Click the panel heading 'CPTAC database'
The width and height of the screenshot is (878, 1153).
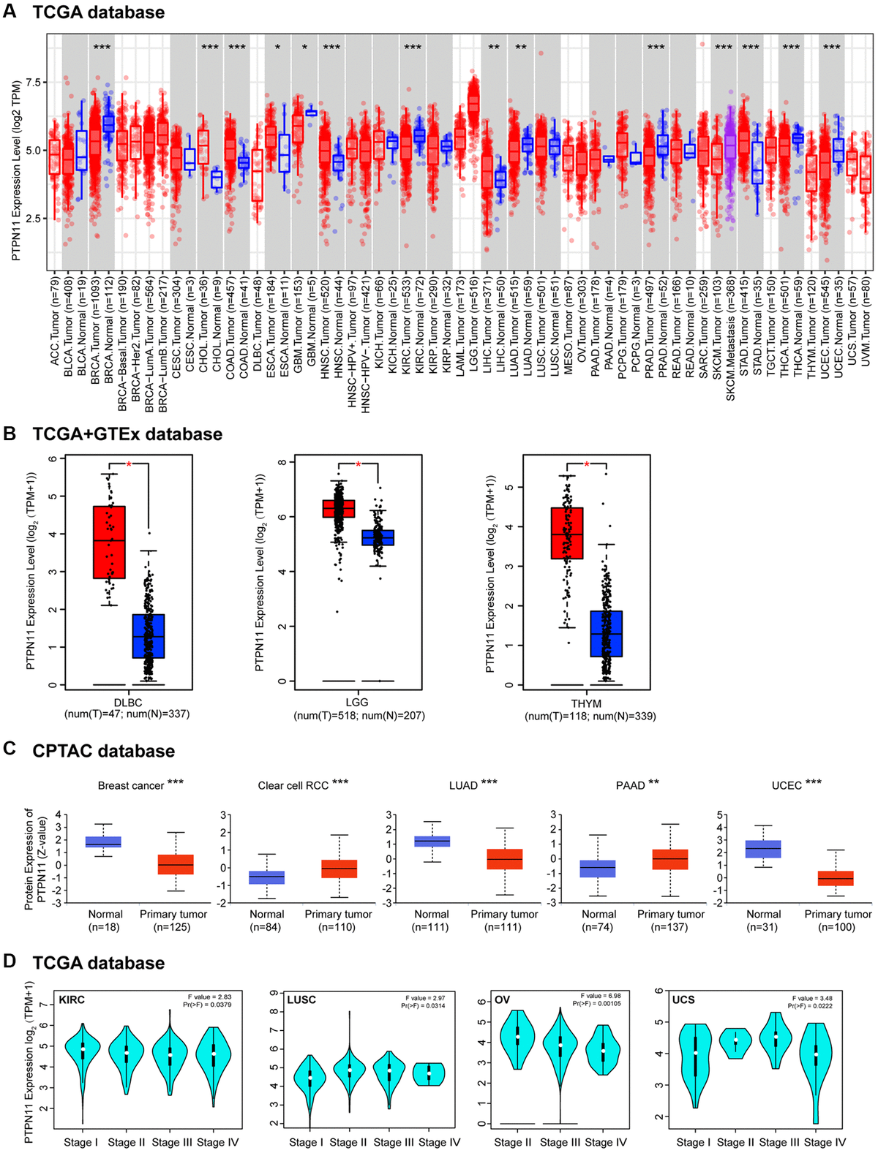[103, 752]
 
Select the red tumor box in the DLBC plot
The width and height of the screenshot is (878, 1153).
[109, 542]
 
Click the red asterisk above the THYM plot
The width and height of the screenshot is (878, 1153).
[587, 464]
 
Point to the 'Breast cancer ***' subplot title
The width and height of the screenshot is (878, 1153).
[140, 785]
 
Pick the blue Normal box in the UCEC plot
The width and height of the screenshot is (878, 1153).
[763, 849]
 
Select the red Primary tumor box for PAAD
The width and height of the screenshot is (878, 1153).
[670, 859]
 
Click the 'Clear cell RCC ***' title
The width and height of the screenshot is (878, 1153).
[303, 785]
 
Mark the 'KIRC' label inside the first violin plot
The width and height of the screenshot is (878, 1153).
[72, 999]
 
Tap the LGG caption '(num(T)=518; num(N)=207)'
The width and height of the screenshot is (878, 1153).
[359, 716]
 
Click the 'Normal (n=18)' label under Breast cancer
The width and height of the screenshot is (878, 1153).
[105, 920]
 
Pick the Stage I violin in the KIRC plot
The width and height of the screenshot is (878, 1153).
[83, 1051]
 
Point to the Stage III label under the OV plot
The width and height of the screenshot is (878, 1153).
[560, 1143]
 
